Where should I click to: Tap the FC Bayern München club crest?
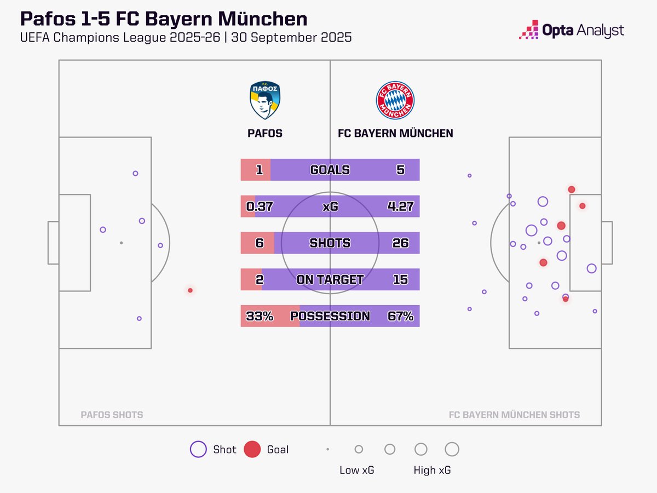pos(395,101)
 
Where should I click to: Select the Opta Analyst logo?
pos(571,30)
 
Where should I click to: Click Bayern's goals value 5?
pos(401,170)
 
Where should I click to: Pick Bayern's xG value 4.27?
pos(399,207)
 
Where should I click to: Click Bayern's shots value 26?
pos(400,243)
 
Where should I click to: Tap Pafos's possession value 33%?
pos(260,316)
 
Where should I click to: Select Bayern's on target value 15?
pos(400,279)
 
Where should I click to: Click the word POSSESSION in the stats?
pos(330,316)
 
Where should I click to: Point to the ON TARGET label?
pos(330,279)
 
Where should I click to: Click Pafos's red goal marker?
pos(190,290)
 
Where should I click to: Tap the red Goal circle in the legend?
pos(251,449)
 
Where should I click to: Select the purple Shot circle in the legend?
pos(198,449)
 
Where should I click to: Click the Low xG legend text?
pos(356,470)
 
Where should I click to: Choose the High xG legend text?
pos(433,470)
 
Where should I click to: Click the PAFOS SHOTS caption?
pos(112,415)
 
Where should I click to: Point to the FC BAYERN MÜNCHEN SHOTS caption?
pos(514,415)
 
